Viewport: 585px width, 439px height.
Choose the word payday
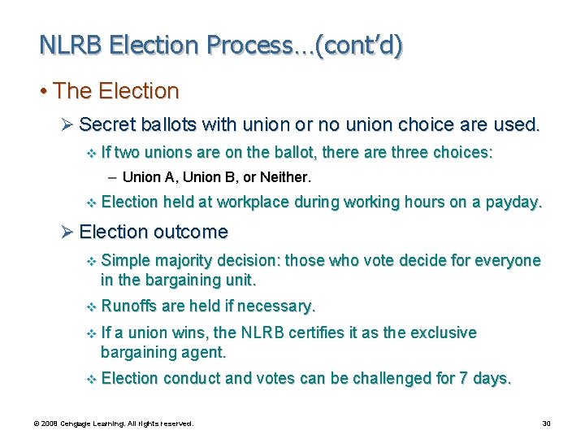(513, 202)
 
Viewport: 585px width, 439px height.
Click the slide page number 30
(546, 424)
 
